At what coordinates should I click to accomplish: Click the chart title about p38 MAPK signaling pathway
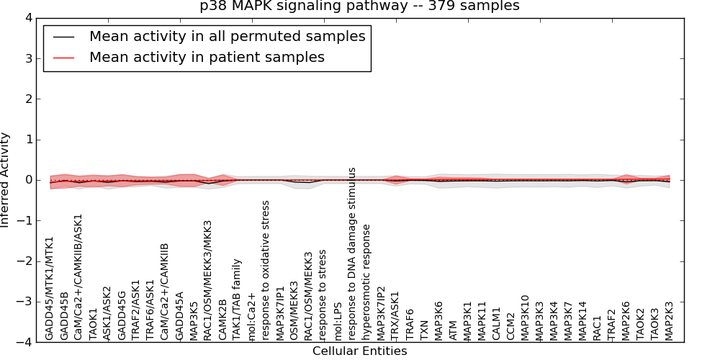[359, 6]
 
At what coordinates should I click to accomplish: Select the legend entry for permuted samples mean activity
[227, 37]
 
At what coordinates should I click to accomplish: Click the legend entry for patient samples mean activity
[207, 57]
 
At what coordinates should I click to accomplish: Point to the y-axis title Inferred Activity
[6, 180]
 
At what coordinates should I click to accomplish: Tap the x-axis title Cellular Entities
[359, 351]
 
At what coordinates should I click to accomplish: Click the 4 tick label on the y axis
[29, 18]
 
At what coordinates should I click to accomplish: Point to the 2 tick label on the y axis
[29, 99]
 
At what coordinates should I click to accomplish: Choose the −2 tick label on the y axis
[26, 261]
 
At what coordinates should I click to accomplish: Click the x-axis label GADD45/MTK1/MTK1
[50, 288]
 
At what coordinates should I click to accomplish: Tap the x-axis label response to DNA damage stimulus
[352, 253]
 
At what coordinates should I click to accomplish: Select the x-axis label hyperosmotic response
[366, 282]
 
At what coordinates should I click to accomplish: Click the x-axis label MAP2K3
[669, 316]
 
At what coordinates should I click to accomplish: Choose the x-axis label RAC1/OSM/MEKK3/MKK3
[208, 280]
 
